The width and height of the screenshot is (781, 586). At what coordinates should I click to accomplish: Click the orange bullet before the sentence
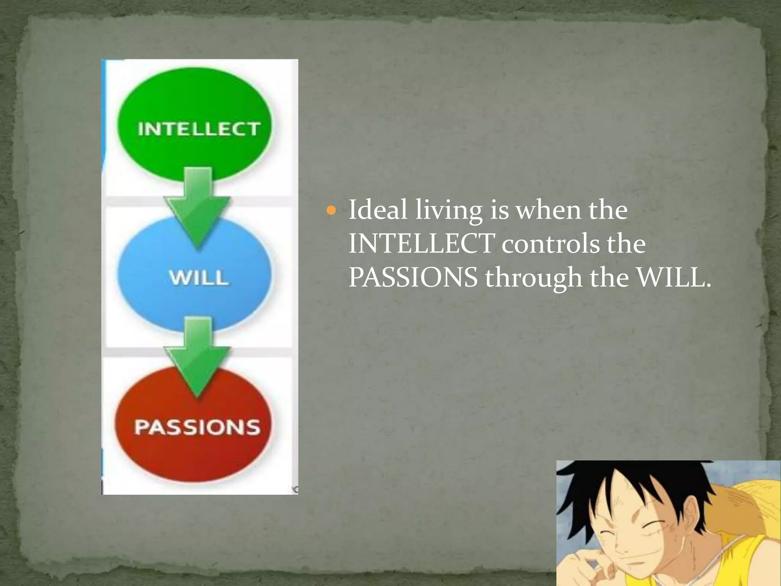click(x=331, y=210)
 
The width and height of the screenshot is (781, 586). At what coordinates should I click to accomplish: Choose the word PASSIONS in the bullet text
click(x=413, y=277)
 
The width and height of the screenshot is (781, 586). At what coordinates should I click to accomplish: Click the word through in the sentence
click(x=534, y=278)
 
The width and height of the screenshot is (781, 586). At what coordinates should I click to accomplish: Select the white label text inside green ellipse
click(x=199, y=129)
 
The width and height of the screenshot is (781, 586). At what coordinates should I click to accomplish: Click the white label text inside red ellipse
click(x=197, y=427)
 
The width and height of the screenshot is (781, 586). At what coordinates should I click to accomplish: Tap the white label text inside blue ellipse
click(x=199, y=277)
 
